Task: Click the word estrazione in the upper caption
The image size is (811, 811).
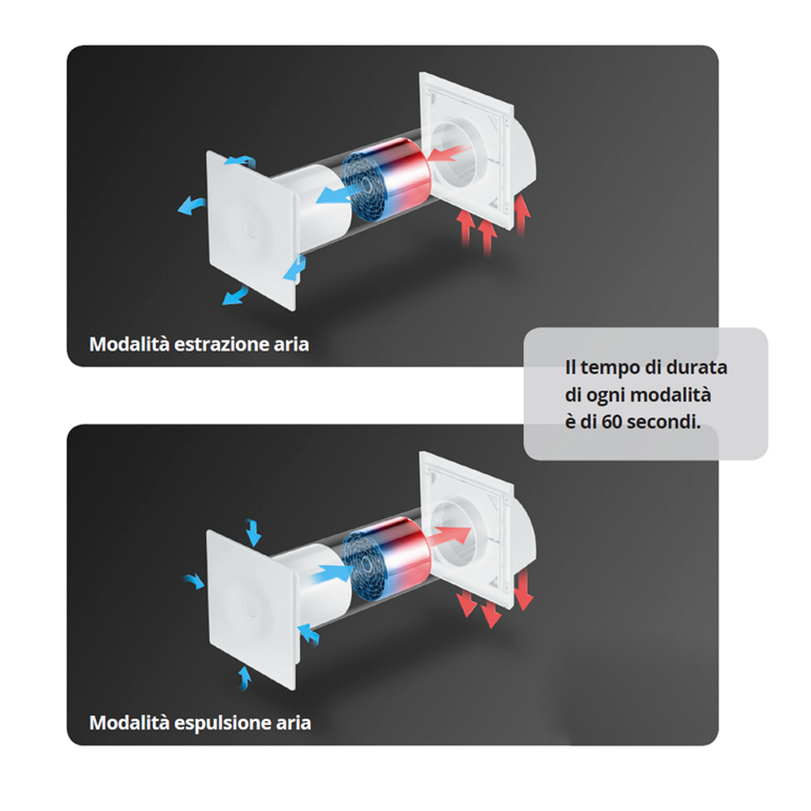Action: coord(221,345)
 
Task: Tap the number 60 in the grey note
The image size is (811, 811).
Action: coord(611,422)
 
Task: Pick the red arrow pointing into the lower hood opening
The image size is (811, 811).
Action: coord(452,535)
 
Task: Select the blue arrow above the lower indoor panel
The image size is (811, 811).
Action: coord(253,533)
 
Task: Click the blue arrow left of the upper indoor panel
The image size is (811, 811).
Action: coord(191,205)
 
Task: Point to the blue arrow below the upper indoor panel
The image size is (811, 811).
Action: coord(235,295)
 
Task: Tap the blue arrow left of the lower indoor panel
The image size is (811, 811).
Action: coord(194,581)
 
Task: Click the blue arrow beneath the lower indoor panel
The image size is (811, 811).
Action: coord(244,678)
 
